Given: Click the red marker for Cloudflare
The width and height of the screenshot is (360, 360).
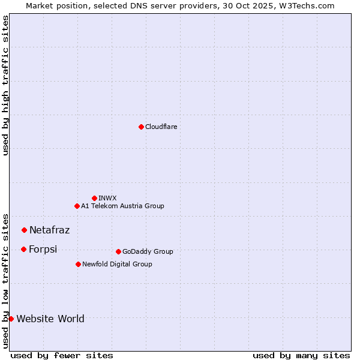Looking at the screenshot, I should (x=141, y=127).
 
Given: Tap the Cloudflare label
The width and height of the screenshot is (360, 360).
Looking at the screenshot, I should (x=161, y=127).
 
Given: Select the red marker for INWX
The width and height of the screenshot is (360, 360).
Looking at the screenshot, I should (x=94, y=198).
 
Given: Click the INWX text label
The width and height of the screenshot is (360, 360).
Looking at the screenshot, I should (x=107, y=198).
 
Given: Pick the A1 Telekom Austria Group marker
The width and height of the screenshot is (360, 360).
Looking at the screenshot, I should (x=77, y=206).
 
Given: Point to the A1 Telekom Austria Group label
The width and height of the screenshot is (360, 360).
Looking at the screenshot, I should (x=122, y=206).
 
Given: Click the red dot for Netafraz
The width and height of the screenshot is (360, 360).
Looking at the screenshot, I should (x=24, y=230).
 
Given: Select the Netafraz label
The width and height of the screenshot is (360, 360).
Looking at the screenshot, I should (x=49, y=230).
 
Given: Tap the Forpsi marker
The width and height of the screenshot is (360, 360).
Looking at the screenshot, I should (x=23, y=249).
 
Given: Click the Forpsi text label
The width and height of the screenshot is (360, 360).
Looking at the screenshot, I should (x=43, y=249).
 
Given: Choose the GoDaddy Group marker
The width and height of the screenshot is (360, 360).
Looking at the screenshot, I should (x=118, y=251).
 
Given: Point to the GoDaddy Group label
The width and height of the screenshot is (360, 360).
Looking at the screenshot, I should (x=148, y=251).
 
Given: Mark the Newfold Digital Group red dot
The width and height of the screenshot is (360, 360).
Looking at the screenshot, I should (x=78, y=264).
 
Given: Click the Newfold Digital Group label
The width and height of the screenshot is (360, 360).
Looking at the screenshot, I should (x=117, y=264).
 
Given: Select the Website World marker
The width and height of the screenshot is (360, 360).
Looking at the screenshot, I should (x=11, y=319).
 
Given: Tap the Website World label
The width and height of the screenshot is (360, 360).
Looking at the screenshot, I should (x=50, y=319).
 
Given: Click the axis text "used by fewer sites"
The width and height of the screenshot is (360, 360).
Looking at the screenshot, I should (x=62, y=355).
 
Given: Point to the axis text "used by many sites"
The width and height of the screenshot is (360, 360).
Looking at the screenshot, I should (x=301, y=355).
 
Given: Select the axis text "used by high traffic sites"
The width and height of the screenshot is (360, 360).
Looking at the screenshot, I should (x=6, y=85).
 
